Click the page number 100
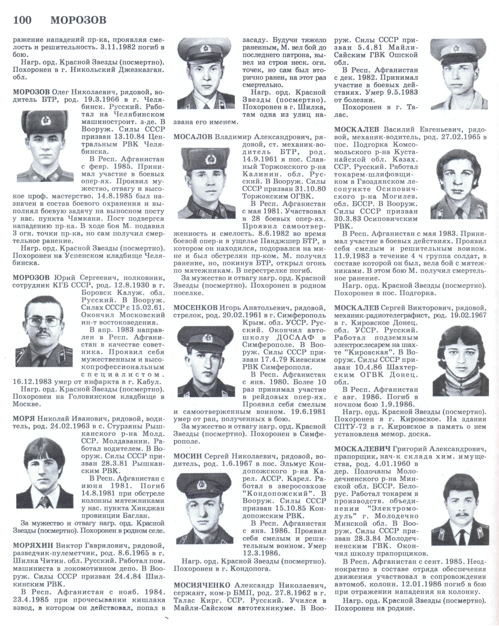pos(22,20)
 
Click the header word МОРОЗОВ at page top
pos(78,20)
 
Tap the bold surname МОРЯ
pos(23,418)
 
